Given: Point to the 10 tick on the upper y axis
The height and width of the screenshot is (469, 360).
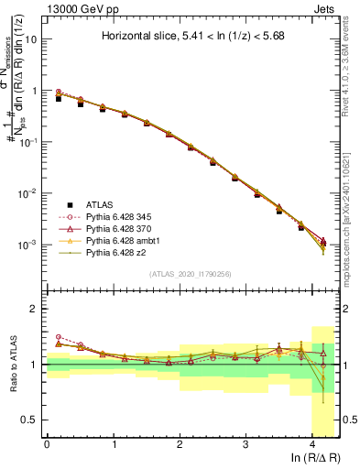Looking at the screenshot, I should [33, 40].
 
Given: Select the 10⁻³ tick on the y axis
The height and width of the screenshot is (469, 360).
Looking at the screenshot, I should [31, 245].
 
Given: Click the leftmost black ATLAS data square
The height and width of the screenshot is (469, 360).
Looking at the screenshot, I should [60, 97].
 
